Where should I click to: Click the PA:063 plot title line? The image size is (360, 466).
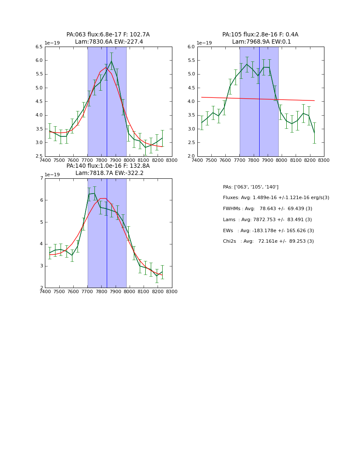[x=108, y=35]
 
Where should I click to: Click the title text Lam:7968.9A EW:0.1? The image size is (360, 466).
[x=260, y=42]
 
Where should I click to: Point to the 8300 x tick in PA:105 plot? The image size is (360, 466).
[x=324, y=160]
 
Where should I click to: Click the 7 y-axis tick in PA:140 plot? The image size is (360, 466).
[x=41, y=178]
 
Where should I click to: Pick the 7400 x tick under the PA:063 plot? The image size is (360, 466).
[x=45, y=160]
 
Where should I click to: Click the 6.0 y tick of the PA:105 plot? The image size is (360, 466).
[x=191, y=47]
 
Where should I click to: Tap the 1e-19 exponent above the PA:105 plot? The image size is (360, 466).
[x=205, y=43]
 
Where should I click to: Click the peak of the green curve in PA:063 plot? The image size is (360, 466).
[x=112, y=61]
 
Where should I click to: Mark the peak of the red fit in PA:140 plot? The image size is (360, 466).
[x=102, y=198]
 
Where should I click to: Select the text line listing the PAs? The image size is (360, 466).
[x=250, y=187]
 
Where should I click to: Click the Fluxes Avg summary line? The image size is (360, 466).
[x=276, y=198]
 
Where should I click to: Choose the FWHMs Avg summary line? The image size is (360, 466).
[x=267, y=209]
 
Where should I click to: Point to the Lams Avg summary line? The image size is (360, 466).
[x=267, y=220]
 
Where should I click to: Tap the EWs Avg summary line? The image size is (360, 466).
[x=268, y=231]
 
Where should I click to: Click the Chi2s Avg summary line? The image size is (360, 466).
[x=268, y=241]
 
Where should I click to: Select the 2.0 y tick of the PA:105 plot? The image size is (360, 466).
[x=191, y=156]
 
